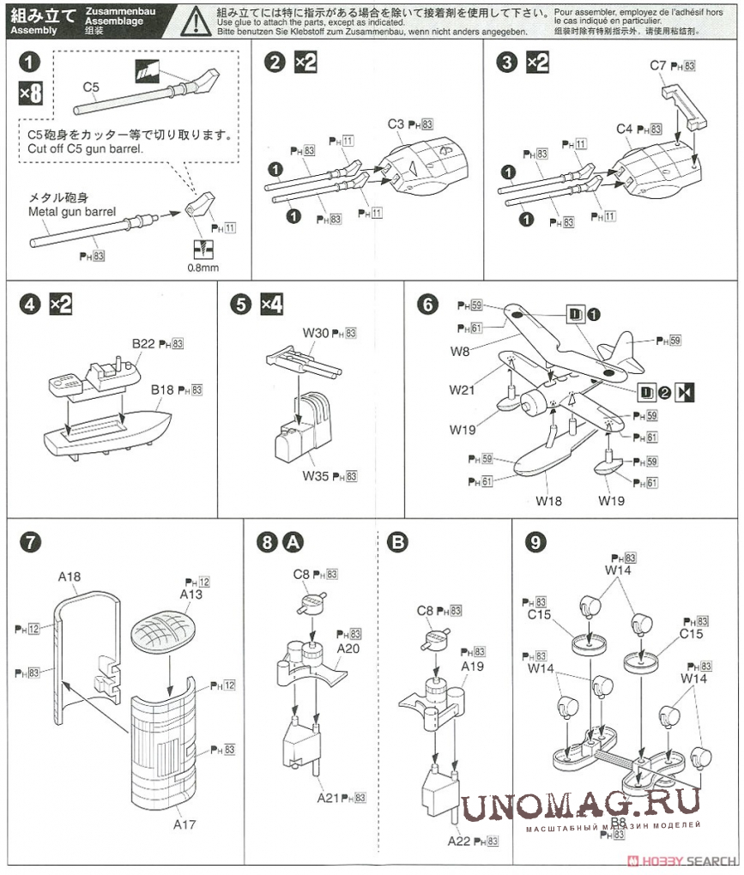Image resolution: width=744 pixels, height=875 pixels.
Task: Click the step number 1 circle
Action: click(31, 63)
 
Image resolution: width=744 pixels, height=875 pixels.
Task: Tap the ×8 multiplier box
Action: click(31, 94)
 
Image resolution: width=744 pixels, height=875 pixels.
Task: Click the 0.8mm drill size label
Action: click(203, 267)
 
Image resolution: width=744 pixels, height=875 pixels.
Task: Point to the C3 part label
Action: click(395, 124)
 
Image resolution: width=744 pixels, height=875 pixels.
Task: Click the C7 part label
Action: click(658, 65)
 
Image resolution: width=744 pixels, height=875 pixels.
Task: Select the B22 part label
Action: click(142, 344)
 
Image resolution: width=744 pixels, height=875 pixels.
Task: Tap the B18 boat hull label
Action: click(163, 389)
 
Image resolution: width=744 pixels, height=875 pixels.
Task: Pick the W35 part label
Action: click(316, 475)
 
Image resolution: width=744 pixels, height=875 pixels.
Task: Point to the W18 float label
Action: click(548, 500)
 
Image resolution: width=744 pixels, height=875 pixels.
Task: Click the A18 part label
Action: click(70, 577)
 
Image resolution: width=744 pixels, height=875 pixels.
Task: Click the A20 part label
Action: click(348, 649)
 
